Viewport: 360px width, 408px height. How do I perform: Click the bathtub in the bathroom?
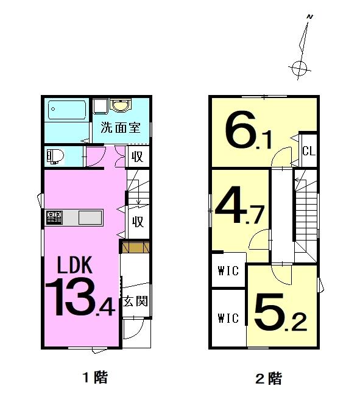(67, 110)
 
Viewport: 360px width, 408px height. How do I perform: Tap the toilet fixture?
(55, 157)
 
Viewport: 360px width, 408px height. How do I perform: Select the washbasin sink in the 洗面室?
(120, 105)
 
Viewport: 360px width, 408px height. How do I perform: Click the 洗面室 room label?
(121, 127)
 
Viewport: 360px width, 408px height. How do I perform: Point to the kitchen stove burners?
(54, 217)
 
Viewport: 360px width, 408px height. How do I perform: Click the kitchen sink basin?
(90, 217)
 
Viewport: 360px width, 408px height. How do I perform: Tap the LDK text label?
(75, 265)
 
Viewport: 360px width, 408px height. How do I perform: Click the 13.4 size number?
(80, 297)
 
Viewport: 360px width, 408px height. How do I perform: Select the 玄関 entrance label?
(135, 301)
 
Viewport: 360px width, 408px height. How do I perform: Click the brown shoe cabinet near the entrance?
(136, 247)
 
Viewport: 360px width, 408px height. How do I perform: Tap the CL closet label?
(309, 150)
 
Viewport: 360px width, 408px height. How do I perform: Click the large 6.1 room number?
(249, 132)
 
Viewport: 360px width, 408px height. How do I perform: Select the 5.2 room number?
(280, 312)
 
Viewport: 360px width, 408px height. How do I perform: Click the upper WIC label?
(228, 271)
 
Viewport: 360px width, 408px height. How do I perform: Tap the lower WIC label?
(228, 318)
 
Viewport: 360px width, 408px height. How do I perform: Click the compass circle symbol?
(299, 69)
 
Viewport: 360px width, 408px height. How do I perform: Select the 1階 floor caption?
(95, 378)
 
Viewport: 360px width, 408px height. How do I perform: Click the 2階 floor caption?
(269, 379)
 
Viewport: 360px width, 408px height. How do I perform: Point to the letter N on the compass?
(310, 17)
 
